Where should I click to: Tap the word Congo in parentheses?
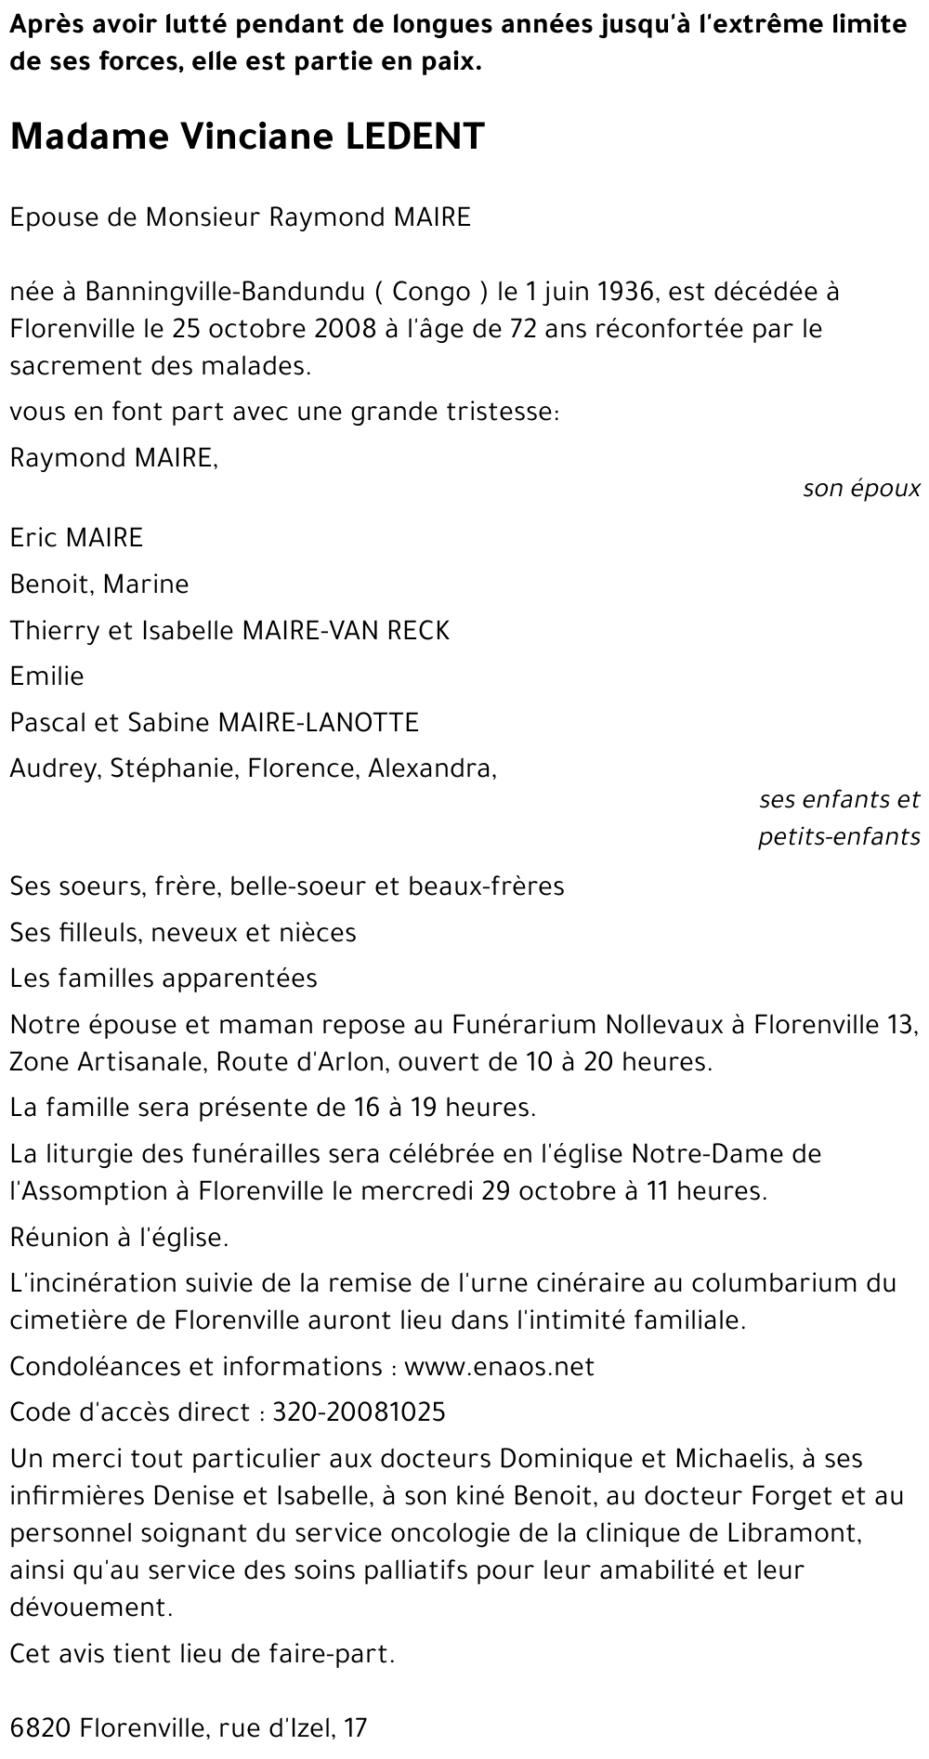tap(432, 292)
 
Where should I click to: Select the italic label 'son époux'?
tap(861, 489)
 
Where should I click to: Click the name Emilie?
tap(46, 676)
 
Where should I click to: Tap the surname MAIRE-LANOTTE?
tap(317, 722)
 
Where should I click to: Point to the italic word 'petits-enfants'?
tap(839, 836)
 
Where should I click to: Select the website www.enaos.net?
tap(499, 1366)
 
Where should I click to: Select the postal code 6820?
tap(41, 1728)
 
